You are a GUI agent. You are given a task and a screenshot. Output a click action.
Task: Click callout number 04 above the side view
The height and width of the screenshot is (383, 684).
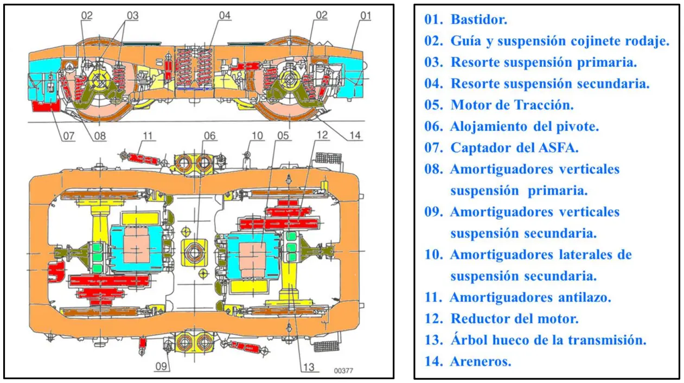tap(225, 16)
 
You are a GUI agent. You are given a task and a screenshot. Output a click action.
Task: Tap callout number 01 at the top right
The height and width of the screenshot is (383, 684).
tap(366, 16)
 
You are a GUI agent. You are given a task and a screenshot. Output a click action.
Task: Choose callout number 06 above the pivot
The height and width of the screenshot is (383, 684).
tap(209, 136)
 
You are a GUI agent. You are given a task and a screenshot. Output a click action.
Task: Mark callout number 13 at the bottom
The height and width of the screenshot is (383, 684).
tap(309, 367)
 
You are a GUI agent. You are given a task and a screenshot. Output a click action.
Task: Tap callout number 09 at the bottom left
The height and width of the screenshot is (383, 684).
tap(161, 367)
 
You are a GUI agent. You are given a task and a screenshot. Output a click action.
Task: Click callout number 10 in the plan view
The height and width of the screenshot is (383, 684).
tap(257, 136)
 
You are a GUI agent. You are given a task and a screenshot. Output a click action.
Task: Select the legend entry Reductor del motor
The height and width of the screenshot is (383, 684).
tap(514, 318)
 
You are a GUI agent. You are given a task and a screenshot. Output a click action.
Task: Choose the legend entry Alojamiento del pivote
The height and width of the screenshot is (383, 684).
tap(525, 126)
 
